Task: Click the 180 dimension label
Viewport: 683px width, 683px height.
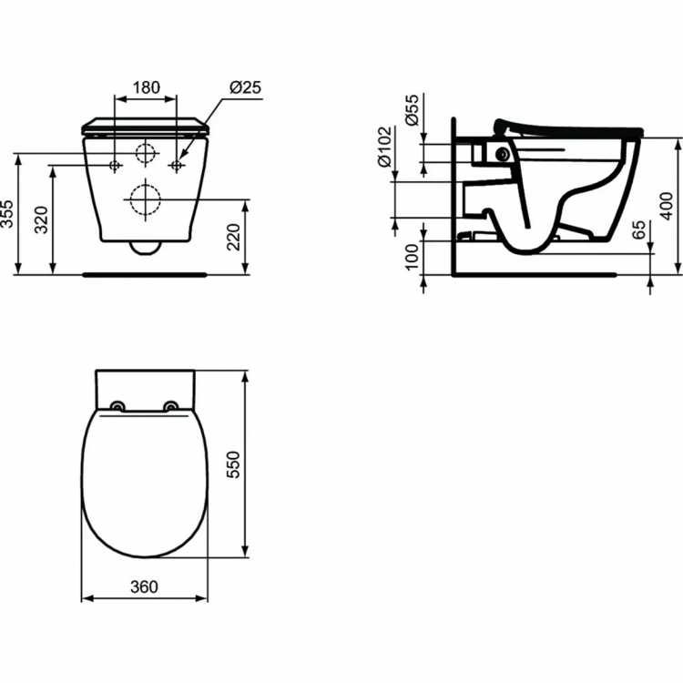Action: point(146,88)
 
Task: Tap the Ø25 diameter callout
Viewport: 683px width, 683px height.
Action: point(245,88)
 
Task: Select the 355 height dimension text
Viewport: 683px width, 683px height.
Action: point(9,214)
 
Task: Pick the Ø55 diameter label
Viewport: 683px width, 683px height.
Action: point(412,108)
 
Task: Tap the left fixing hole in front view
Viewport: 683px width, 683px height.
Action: point(115,166)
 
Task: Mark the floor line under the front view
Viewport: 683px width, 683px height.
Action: point(146,273)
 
